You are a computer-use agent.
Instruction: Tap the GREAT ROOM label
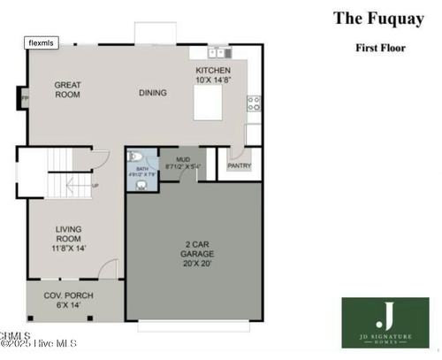tap(68, 90)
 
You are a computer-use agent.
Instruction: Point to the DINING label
tap(152, 92)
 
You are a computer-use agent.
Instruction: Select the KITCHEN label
tap(213, 71)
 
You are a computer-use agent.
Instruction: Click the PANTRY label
tap(240, 165)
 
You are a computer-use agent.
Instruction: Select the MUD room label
tap(183, 160)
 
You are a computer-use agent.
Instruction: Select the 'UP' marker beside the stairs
tap(95, 186)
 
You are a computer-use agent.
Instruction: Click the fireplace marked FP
tap(24, 97)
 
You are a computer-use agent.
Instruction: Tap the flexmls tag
tap(42, 42)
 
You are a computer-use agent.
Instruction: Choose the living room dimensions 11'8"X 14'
tap(69, 249)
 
